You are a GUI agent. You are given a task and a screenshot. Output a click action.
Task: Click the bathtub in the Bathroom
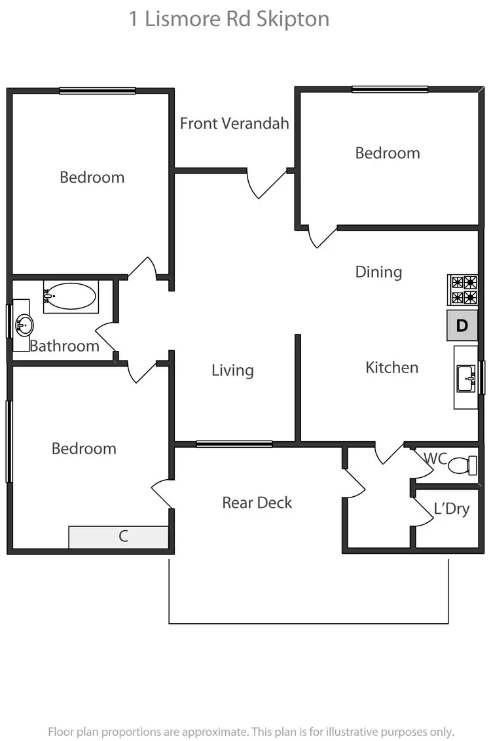[70, 297]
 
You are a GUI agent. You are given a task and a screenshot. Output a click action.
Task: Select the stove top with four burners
[462, 290]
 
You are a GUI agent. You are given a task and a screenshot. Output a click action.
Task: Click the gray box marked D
[462, 325]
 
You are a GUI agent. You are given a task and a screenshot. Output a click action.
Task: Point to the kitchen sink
[467, 378]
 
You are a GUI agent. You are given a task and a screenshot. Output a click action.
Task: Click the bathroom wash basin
[24, 323]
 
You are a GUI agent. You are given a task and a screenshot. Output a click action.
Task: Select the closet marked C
[119, 537]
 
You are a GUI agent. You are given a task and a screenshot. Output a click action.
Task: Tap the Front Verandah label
[234, 123]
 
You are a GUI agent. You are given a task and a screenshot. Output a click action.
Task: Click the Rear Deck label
[257, 503]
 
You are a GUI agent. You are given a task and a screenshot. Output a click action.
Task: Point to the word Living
[232, 370]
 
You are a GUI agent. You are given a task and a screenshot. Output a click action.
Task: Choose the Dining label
[378, 272]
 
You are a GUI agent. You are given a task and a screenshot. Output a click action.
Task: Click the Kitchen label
[391, 367]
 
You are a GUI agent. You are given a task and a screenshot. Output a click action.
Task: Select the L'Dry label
[452, 509]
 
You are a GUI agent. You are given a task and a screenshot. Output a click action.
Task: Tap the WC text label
[435, 457]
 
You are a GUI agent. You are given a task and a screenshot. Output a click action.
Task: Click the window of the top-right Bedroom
[390, 89]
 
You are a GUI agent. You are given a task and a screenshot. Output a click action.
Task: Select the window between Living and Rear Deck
[234, 444]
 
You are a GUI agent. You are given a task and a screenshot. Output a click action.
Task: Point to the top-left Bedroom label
[92, 177]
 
